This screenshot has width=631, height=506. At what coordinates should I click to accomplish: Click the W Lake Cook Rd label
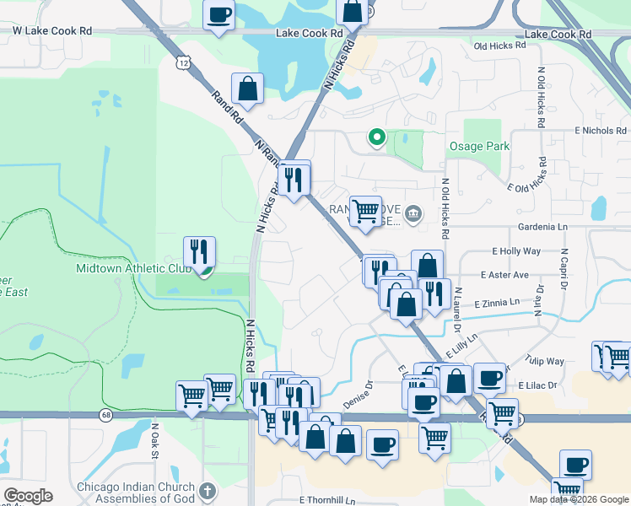(x=51, y=30)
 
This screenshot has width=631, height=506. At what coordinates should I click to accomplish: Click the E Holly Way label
(x=516, y=251)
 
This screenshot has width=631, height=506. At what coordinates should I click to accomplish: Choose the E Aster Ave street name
(x=504, y=275)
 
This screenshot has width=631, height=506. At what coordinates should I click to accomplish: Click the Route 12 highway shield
(x=184, y=63)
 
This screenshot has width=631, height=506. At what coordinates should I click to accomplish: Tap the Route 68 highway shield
(x=105, y=415)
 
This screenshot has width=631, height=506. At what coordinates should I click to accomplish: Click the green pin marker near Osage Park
(x=377, y=137)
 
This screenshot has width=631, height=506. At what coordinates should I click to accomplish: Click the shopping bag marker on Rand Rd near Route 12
(x=247, y=89)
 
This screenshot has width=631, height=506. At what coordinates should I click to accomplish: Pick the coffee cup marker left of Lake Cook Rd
(x=218, y=15)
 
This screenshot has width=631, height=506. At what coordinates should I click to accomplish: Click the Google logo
(x=28, y=496)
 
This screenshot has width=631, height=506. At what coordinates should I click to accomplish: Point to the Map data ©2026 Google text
(x=578, y=499)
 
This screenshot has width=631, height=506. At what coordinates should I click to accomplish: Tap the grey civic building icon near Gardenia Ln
(x=413, y=213)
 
